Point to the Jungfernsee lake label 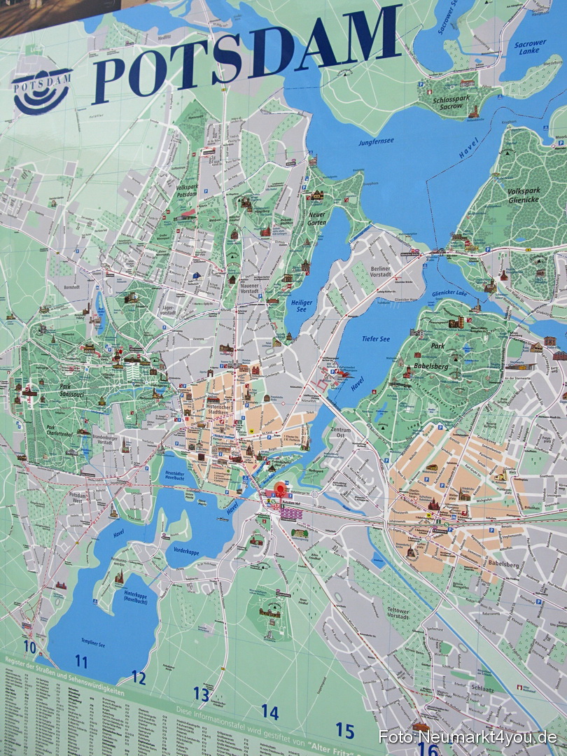point(377,141)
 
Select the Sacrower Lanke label point(530,47)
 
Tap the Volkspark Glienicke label point(524,195)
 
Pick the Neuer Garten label point(317,218)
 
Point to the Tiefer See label point(375,339)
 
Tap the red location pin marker point(281,489)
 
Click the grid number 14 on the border point(269,712)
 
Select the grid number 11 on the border point(81,661)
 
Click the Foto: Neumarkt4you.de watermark point(468,737)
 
